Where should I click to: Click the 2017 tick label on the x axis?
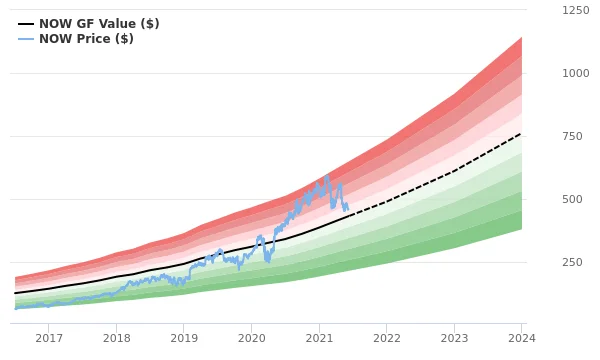49,339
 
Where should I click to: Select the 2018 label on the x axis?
116,339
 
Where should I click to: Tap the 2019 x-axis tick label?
184,339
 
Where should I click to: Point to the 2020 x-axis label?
251,339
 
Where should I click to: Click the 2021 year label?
319,339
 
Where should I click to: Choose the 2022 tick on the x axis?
386,339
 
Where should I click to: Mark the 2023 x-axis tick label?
454,339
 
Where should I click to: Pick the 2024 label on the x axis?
521,339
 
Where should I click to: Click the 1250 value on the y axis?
575,10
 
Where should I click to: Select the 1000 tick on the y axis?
575,73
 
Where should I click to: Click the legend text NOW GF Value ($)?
99,24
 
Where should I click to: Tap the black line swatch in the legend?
26,24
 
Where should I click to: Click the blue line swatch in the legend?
26,39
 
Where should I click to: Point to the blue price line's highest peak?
327,176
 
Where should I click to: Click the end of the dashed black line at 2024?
521,133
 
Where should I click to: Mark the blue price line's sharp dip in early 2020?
267,260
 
